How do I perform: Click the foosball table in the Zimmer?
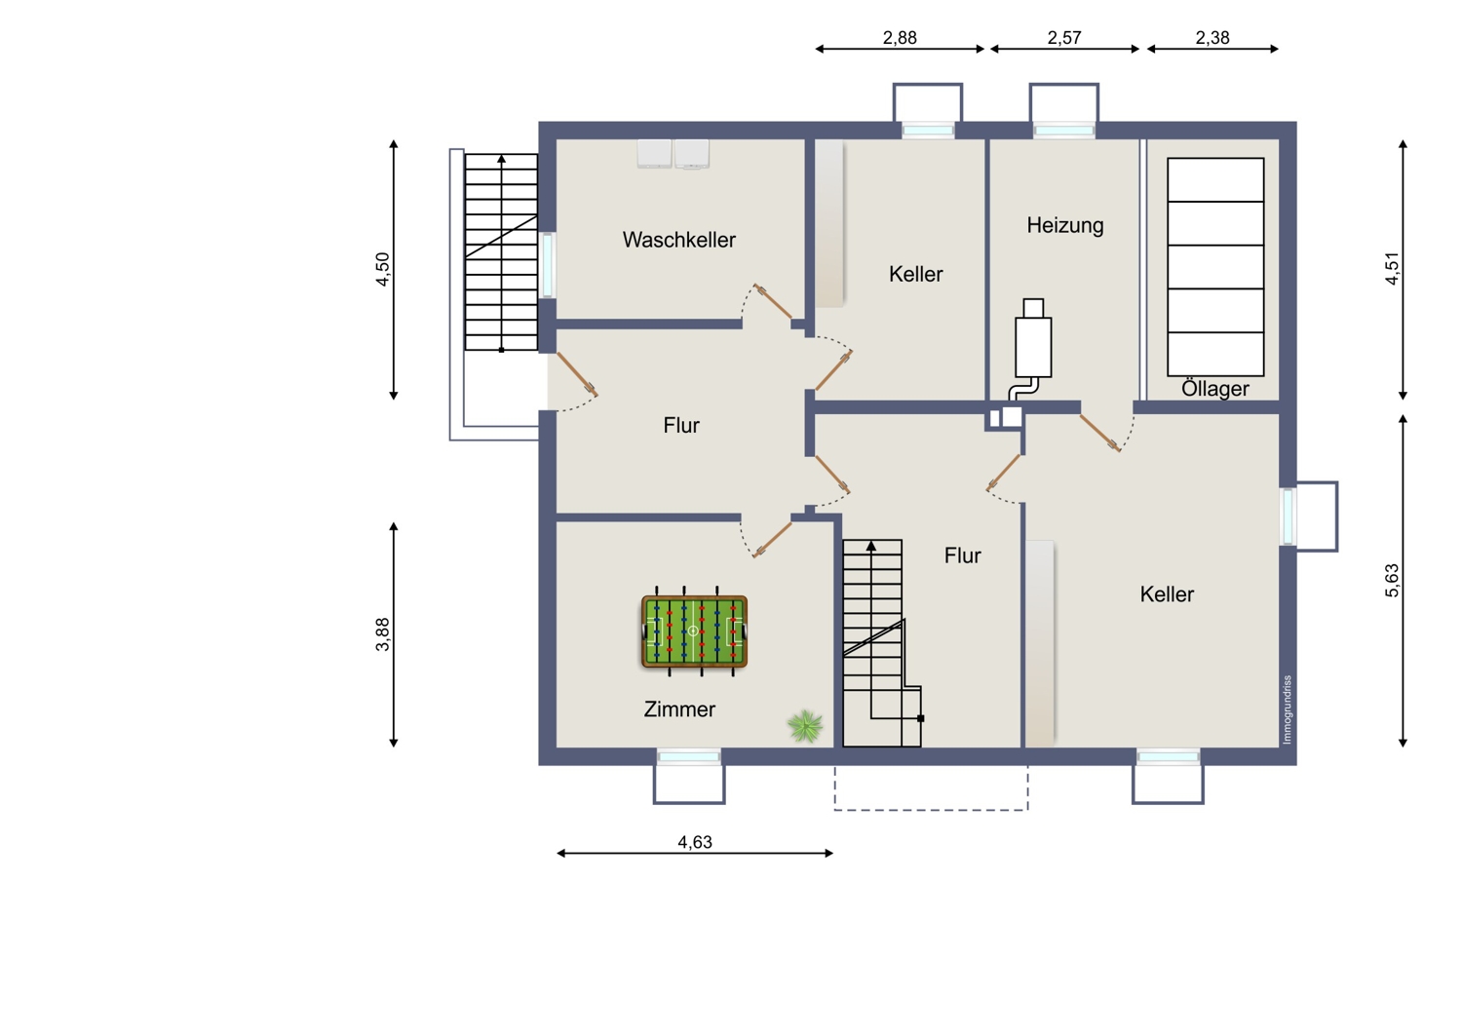pos(694,631)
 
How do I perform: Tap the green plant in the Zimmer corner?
pos(805,726)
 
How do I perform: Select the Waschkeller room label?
pos(678,240)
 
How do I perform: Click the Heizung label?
pos(1065,226)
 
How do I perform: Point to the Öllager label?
pos(1214,389)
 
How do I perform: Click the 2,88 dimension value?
pos(900,38)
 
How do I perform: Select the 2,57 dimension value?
pos(1064,38)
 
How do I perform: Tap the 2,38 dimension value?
pos(1212,38)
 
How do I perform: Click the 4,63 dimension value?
pos(694,842)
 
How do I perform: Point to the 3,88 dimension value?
pos(382,634)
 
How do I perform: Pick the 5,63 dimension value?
pos(1392,580)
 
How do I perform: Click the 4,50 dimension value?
pos(382,269)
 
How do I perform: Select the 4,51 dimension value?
pos(1392,268)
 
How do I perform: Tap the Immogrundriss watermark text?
pos(1287,709)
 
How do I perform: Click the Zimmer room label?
pos(679,709)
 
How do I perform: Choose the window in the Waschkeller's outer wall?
pos(548,265)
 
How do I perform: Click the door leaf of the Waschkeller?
pos(774,301)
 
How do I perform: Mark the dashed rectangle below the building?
pos(932,810)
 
